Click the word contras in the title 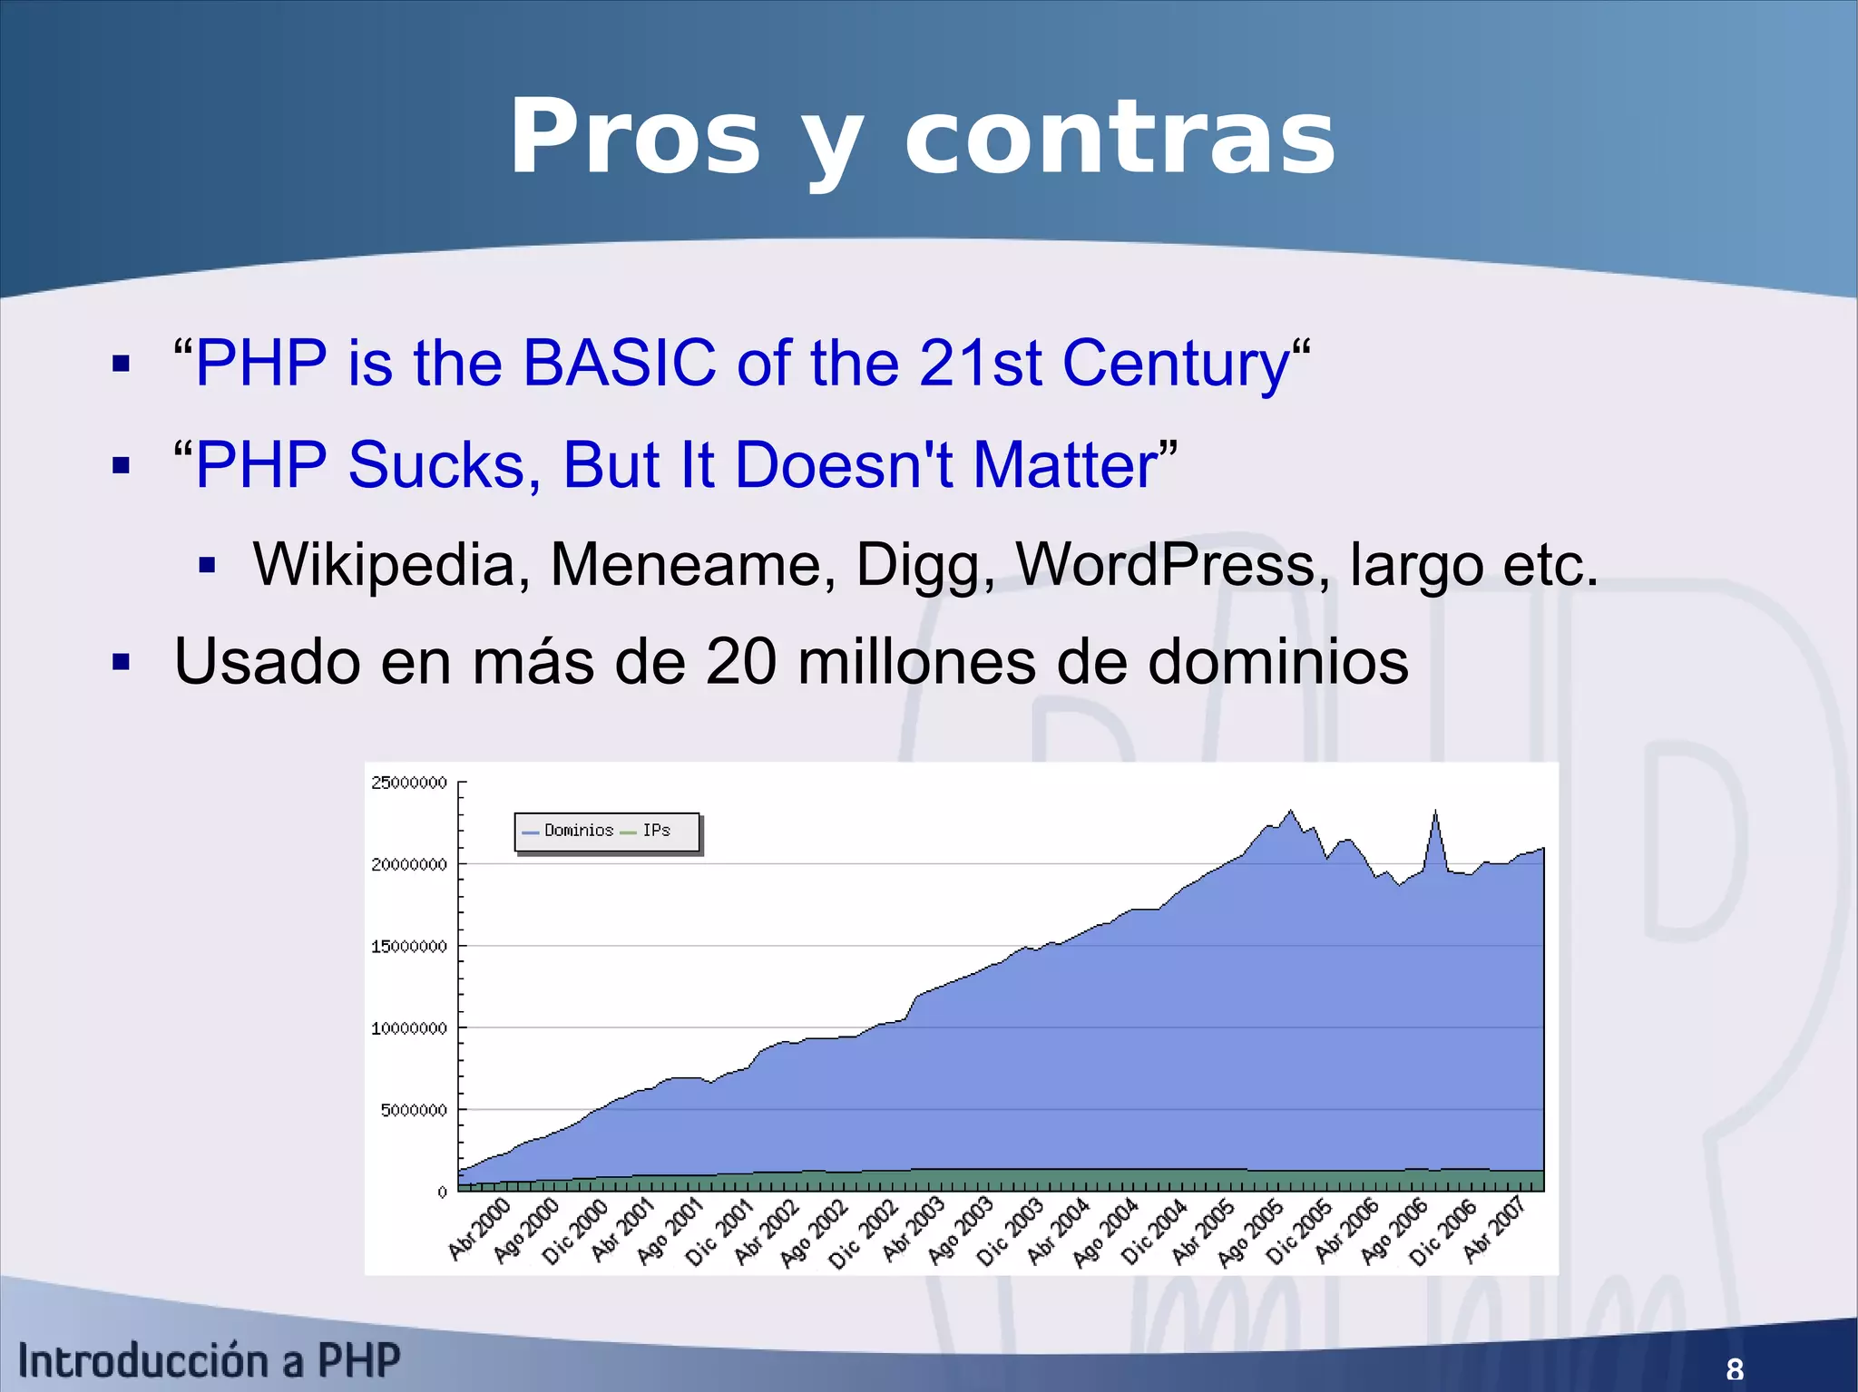(x=1120, y=139)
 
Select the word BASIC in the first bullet (x=619, y=363)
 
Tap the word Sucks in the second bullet (x=445, y=464)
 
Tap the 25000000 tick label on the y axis (x=409, y=783)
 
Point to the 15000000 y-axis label (x=409, y=946)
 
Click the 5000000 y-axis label (x=414, y=1110)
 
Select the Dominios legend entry (x=578, y=831)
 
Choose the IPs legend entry (x=656, y=831)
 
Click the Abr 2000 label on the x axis (x=480, y=1230)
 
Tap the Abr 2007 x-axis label (x=1494, y=1230)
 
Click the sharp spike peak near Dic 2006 (x=1435, y=812)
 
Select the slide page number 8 (x=1735, y=1368)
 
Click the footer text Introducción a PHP (x=209, y=1360)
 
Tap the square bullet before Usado (x=122, y=662)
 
